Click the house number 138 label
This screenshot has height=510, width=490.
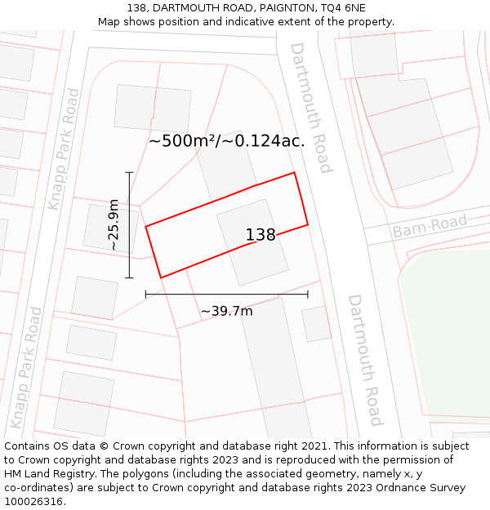click(x=261, y=235)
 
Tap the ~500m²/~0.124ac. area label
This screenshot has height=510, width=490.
click(x=226, y=140)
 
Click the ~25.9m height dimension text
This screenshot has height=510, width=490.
click(x=114, y=224)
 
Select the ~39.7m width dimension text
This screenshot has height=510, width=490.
click(x=226, y=311)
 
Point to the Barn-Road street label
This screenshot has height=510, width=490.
click(x=430, y=225)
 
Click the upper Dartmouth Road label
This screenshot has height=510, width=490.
click(x=311, y=108)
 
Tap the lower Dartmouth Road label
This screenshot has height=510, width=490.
click(x=365, y=360)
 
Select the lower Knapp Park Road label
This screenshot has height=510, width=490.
click(x=25, y=367)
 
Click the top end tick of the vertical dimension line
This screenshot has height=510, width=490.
click(x=129, y=172)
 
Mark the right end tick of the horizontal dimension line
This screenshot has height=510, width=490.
click(x=308, y=294)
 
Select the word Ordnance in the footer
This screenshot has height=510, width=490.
click(x=396, y=487)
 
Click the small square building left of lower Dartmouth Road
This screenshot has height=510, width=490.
click(x=316, y=323)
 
